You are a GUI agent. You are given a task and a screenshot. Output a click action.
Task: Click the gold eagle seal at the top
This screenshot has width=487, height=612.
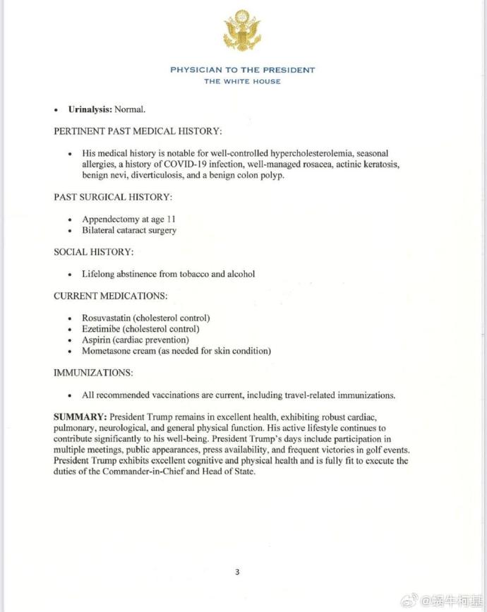pyautogui.click(x=242, y=31)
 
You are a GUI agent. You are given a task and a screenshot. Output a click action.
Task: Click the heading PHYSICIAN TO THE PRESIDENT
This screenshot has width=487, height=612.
pyautogui.click(x=242, y=70)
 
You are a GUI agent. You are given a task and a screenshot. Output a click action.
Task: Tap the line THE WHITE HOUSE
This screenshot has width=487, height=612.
pyautogui.click(x=242, y=81)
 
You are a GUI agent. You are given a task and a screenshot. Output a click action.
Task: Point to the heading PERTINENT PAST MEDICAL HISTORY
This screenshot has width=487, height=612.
pyautogui.click(x=138, y=131)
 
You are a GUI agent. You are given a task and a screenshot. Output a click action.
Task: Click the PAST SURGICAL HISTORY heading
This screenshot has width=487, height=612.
pyautogui.click(x=113, y=197)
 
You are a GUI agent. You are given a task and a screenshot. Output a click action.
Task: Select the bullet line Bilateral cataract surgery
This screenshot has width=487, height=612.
pyautogui.click(x=129, y=230)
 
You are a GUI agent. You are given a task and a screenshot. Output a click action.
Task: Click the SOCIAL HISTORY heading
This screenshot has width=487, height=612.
pyautogui.click(x=93, y=251)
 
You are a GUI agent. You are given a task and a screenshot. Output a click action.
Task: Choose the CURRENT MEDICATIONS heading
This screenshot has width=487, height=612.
pyautogui.click(x=110, y=296)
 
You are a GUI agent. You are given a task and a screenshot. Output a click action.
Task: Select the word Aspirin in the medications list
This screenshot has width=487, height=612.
pyautogui.click(x=97, y=340)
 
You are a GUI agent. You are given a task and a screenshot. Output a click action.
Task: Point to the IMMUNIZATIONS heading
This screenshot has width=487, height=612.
pyautogui.click(x=93, y=372)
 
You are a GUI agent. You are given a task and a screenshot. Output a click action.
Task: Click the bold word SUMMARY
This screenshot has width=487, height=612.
pyautogui.click(x=80, y=416)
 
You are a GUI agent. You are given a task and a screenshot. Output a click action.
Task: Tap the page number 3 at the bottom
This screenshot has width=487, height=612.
pyautogui.click(x=237, y=572)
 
